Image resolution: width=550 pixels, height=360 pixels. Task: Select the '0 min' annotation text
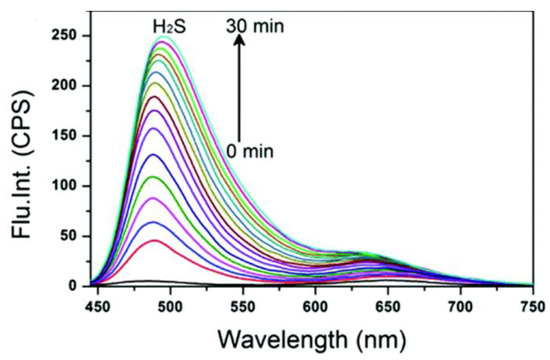[x=246, y=150]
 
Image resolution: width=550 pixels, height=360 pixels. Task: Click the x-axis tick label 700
[x=461, y=302]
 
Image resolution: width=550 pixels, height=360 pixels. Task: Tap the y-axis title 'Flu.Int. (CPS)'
[x=22, y=160]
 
